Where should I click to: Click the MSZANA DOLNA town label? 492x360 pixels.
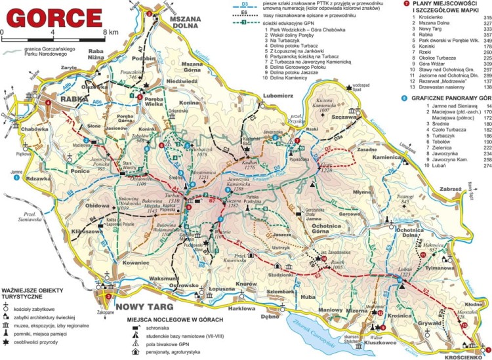click(x=184, y=23)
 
